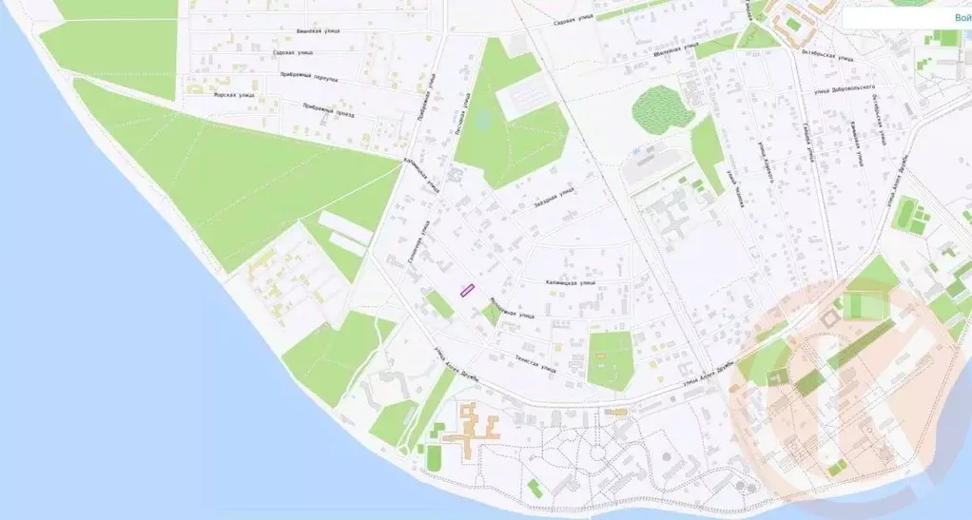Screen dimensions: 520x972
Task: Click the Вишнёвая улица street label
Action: click(318, 31)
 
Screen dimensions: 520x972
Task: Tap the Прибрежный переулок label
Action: click(310, 77)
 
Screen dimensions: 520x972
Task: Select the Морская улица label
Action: click(234, 95)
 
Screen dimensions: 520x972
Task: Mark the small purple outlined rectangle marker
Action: click(467, 290)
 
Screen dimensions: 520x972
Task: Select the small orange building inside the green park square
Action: click(600, 356)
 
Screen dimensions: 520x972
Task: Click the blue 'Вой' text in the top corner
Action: click(962, 18)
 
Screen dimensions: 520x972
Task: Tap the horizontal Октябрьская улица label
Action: click(824, 55)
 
